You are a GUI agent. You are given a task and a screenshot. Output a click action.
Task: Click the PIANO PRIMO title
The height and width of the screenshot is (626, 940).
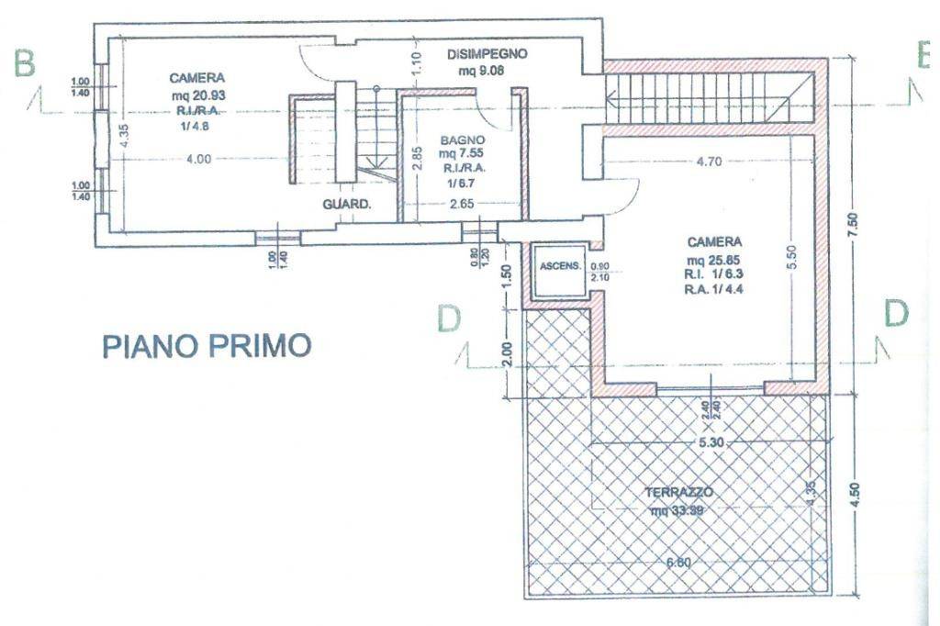point(207,346)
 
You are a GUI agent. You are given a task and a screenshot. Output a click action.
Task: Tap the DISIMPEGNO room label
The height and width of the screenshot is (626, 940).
point(487,54)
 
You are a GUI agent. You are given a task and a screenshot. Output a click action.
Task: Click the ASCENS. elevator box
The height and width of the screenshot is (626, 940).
point(560,267)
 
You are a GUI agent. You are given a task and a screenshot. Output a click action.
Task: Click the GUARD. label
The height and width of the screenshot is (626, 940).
point(346,205)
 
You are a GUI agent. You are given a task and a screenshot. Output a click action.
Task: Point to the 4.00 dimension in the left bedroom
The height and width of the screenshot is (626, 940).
point(197,158)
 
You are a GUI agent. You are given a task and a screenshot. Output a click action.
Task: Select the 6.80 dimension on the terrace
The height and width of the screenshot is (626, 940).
point(678,564)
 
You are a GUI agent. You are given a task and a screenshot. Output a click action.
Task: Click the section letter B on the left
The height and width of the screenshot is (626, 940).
point(25,63)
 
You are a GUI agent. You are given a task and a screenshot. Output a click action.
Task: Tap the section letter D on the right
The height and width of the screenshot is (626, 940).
point(896,313)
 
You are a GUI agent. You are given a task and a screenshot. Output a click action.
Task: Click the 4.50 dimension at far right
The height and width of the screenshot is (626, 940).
point(856,497)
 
